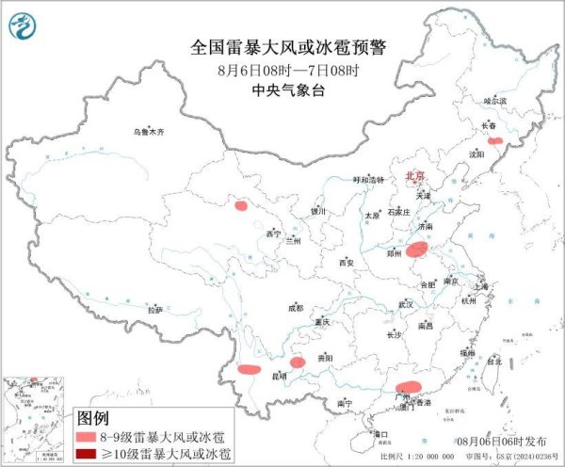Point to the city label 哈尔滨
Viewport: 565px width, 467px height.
point(494,101)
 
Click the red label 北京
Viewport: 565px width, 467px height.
point(414,176)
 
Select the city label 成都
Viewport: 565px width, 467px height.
point(296,307)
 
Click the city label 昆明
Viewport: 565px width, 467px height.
point(278,376)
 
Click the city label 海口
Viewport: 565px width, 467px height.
point(381,434)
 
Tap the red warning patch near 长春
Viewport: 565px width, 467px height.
point(494,141)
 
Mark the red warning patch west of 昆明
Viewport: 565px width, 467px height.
point(249,369)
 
